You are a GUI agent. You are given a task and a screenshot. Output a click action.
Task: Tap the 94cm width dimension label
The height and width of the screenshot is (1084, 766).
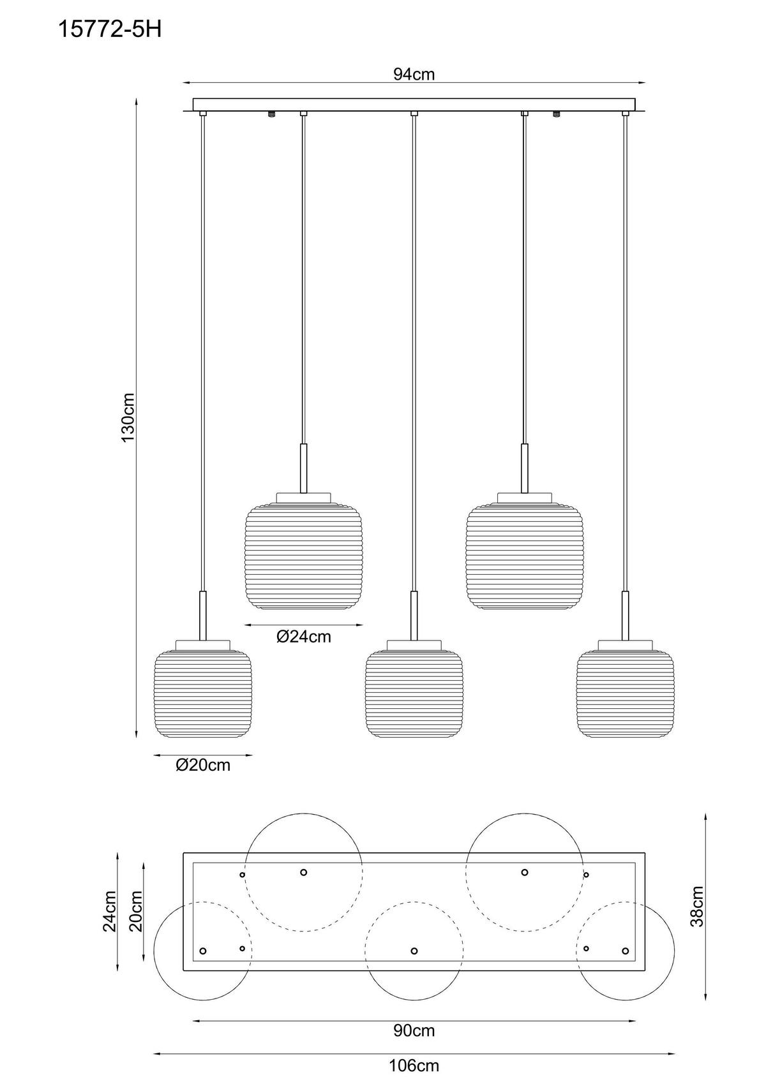click(414, 75)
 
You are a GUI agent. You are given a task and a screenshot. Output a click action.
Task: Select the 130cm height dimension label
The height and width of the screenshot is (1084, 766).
click(127, 418)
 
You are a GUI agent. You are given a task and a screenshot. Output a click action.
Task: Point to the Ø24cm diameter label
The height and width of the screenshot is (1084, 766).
click(304, 636)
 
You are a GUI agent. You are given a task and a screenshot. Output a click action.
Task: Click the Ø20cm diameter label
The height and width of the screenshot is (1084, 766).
click(203, 765)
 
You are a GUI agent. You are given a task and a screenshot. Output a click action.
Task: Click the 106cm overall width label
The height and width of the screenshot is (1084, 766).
click(414, 1065)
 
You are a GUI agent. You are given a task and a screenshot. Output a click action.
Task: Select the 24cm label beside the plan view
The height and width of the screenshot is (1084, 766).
click(109, 911)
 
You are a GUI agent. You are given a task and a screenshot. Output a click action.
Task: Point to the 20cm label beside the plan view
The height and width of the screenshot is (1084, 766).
click(135, 911)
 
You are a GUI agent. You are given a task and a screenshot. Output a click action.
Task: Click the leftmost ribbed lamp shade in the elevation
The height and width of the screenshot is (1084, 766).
click(203, 694)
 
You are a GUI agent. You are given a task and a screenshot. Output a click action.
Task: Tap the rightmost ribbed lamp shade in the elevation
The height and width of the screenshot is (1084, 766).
click(625, 694)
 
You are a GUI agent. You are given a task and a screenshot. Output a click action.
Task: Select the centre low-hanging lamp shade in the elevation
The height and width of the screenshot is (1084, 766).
click(414, 694)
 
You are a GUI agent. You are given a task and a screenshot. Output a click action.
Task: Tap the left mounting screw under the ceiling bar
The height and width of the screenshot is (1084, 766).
click(272, 115)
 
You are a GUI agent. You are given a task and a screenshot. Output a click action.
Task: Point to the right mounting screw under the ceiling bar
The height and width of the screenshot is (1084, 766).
click(557, 115)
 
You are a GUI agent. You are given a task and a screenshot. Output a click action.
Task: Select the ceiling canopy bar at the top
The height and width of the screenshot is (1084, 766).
click(414, 105)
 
